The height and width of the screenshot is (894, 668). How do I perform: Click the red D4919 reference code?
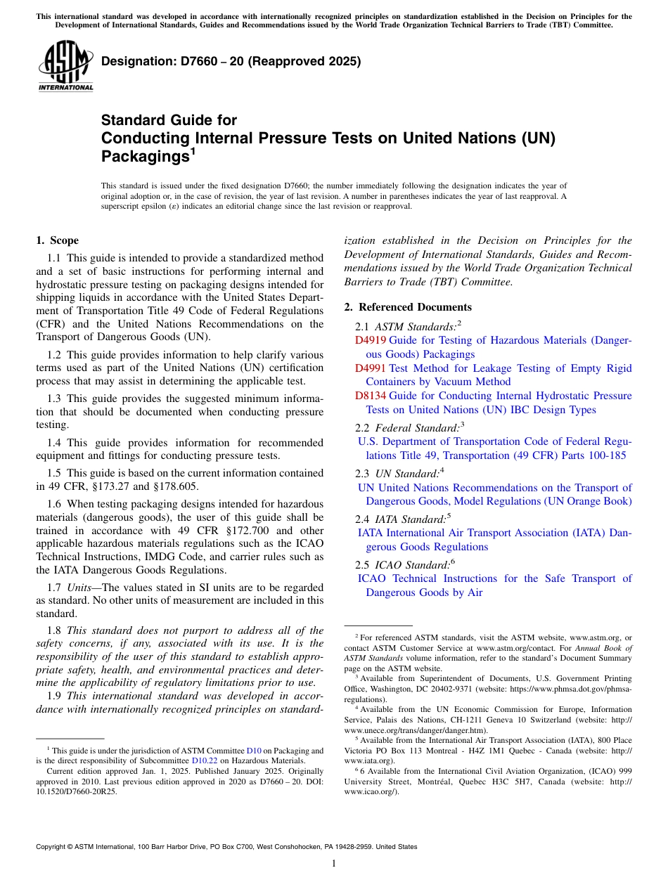click(x=370, y=340)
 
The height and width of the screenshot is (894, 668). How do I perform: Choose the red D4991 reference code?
click(x=370, y=368)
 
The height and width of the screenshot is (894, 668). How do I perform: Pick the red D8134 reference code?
click(x=370, y=396)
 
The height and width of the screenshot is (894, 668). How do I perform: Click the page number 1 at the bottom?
click(x=334, y=863)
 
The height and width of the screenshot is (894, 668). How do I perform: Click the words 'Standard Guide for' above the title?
click(x=169, y=120)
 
